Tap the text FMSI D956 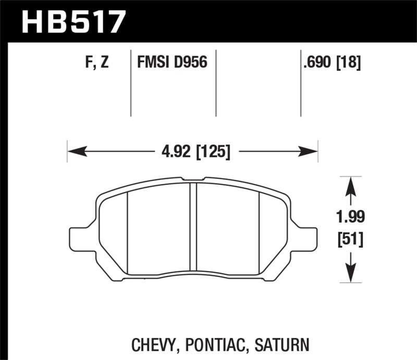[172, 64]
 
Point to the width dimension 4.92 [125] [193, 153]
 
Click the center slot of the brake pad [193, 229]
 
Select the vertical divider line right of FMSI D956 [215, 83]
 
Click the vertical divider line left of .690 [301, 83]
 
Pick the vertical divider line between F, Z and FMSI [130, 83]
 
